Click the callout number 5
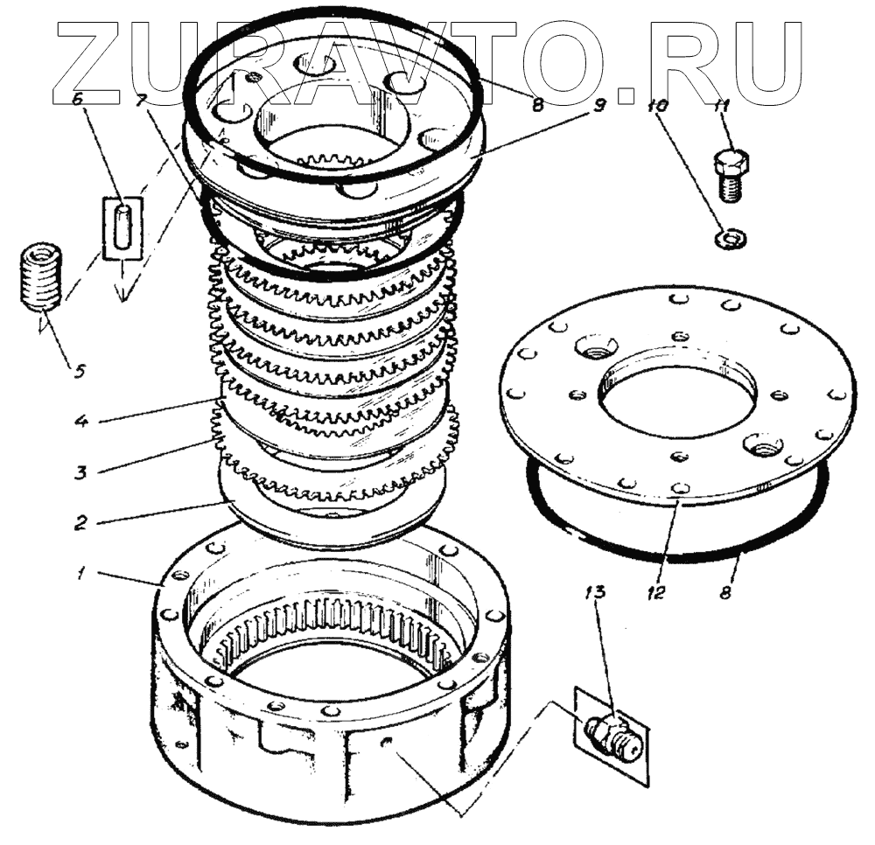(x=79, y=370)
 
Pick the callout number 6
(x=77, y=100)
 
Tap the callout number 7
(x=141, y=98)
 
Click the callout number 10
(x=658, y=107)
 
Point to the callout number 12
(x=657, y=591)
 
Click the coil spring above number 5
(x=40, y=276)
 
